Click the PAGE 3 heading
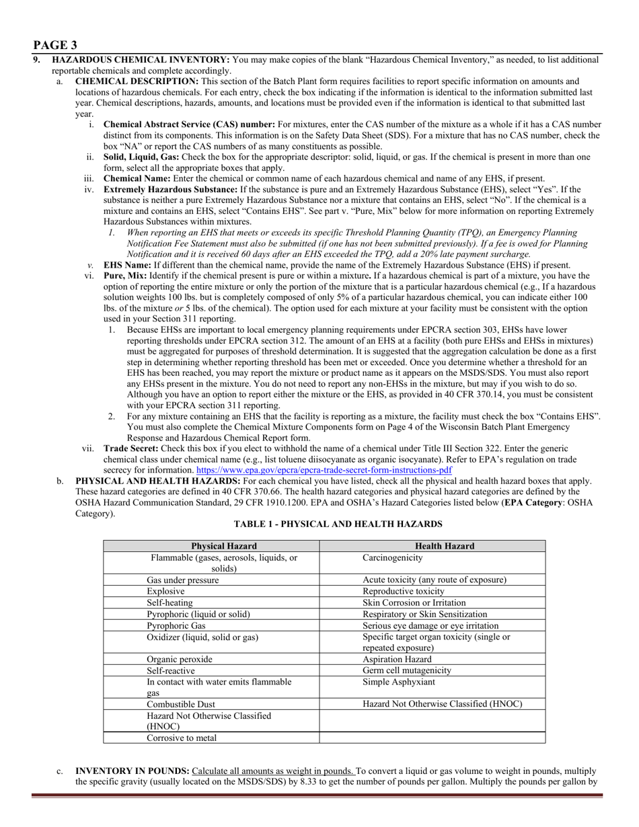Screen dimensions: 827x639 coord(55,45)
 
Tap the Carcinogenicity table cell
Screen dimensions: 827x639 coord(393,558)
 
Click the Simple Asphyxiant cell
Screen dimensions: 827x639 coord(399,682)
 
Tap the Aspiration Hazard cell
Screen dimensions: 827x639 coord(398,659)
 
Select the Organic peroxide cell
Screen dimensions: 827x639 coord(180,659)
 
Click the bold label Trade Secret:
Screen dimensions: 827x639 coord(131,448)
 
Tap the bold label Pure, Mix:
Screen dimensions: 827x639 coord(125,276)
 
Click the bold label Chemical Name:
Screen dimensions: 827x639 coord(137,179)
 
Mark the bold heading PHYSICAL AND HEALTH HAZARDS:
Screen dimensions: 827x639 coord(157,481)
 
